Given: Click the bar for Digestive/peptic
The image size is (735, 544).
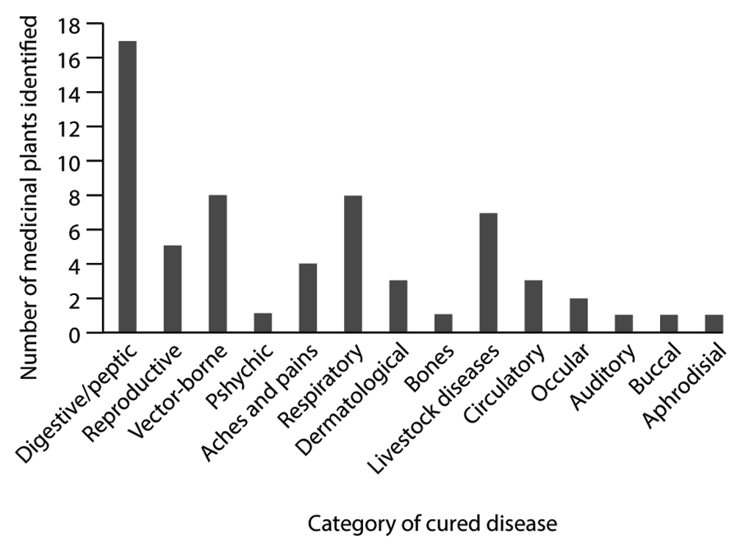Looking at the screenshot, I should click(x=127, y=187).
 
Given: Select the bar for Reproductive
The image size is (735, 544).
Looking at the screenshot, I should click(x=173, y=289).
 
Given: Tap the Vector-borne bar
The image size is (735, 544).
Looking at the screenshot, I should click(x=218, y=264).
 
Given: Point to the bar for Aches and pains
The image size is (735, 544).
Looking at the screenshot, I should click(x=308, y=298).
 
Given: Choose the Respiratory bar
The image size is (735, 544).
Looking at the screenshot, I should click(x=353, y=264).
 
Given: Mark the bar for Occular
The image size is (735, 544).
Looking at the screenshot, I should click(x=578, y=316).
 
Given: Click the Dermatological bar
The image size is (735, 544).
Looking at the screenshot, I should click(x=398, y=307).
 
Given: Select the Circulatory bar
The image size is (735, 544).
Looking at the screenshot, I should click(x=534, y=307).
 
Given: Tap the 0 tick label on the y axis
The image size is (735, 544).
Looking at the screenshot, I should click(x=75, y=333).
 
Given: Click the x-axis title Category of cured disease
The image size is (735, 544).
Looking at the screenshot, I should click(x=432, y=524).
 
